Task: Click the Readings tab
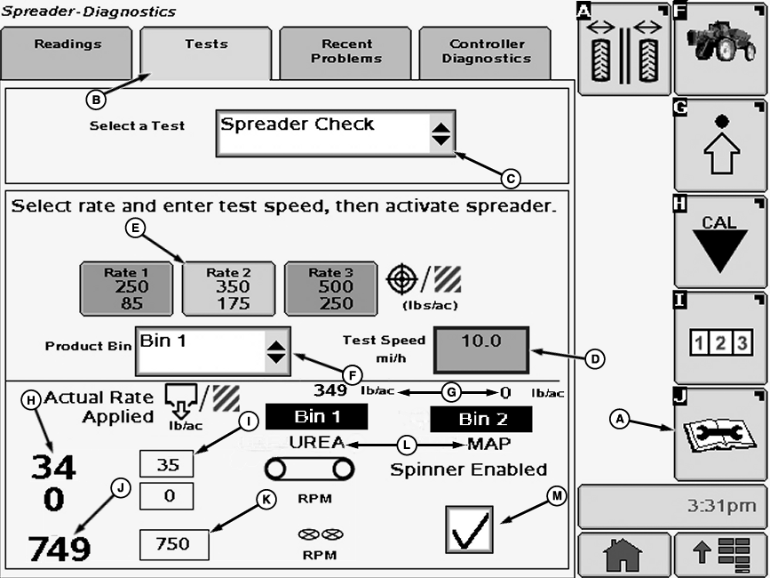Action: [67, 52]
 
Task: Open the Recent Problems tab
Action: [345, 52]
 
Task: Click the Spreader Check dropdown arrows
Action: [441, 134]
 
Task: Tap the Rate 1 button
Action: [127, 288]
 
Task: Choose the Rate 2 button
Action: [228, 288]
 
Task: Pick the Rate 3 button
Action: [330, 288]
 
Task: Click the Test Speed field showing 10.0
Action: [480, 349]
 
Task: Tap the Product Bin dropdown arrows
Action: [276, 350]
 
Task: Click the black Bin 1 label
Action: [316, 416]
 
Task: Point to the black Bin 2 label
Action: [480, 419]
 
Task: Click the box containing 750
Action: [174, 544]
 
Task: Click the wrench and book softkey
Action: [719, 434]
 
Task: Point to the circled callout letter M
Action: [556, 497]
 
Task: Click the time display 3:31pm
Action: [671, 506]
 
